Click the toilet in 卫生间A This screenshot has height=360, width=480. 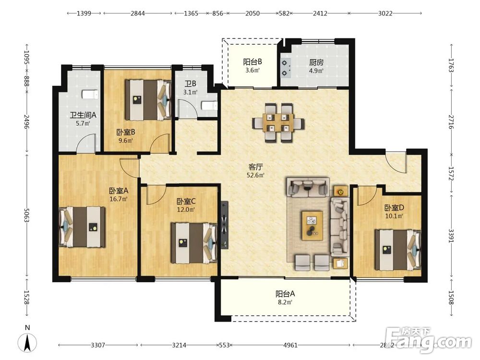[x=90, y=95]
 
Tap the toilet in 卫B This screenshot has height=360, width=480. [x=209, y=106]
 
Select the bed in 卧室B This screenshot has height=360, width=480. [x=148, y=100]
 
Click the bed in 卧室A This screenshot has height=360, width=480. [x=82, y=227]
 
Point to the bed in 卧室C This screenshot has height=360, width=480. [x=194, y=243]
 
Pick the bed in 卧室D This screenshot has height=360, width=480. [x=398, y=250]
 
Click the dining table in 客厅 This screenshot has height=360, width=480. [x=278, y=123]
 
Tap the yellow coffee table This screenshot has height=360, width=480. [x=312, y=225]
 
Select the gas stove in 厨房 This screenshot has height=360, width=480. [x=285, y=68]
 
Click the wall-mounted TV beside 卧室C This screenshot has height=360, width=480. [x=225, y=225]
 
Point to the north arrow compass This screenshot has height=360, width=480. [x=27, y=342]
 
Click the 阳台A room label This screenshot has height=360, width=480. [x=285, y=294]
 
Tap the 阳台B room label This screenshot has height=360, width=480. [x=252, y=62]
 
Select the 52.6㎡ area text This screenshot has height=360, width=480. [x=255, y=175]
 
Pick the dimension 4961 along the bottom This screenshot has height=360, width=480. [x=290, y=345]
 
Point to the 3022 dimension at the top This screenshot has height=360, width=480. [x=385, y=13]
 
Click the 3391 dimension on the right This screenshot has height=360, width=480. [x=451, y=236]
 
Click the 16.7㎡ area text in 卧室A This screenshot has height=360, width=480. [x=119, y=199]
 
